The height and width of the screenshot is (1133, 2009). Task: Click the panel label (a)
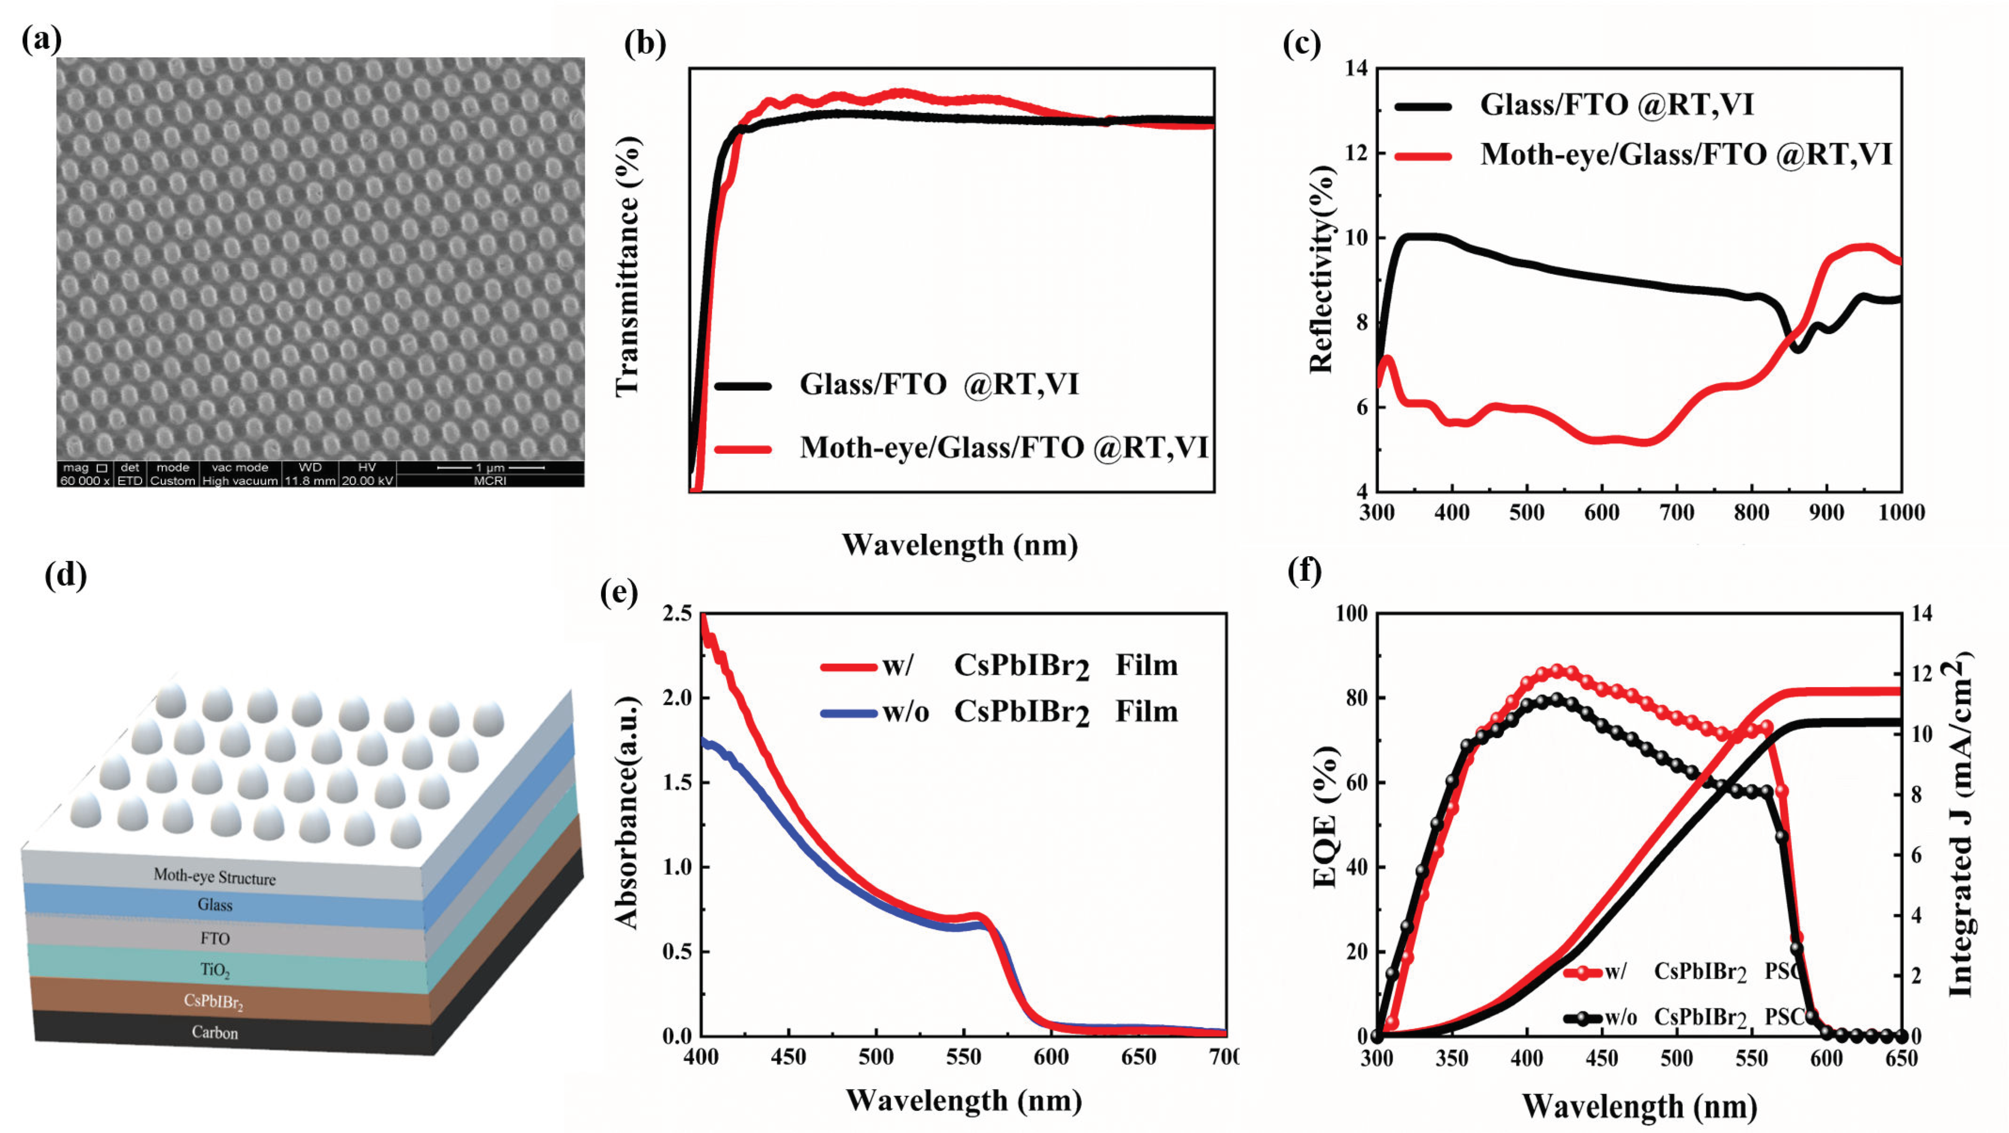tap(41, 39)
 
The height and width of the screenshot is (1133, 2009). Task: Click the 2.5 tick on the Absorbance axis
tap(677, 614)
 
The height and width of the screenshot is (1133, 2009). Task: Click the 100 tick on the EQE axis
tap(1351, 614)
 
